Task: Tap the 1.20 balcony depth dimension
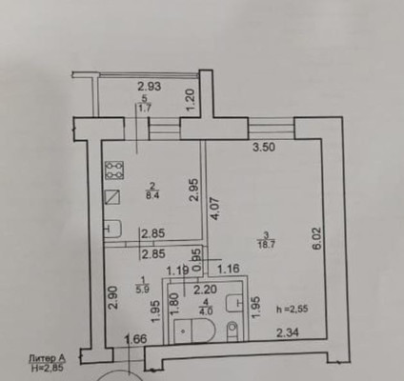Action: [x=190, y=98]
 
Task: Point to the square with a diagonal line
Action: [x=115, y=198]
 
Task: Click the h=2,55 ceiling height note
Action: [x=291, y=308]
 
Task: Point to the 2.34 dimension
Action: [x=289, y=332]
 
